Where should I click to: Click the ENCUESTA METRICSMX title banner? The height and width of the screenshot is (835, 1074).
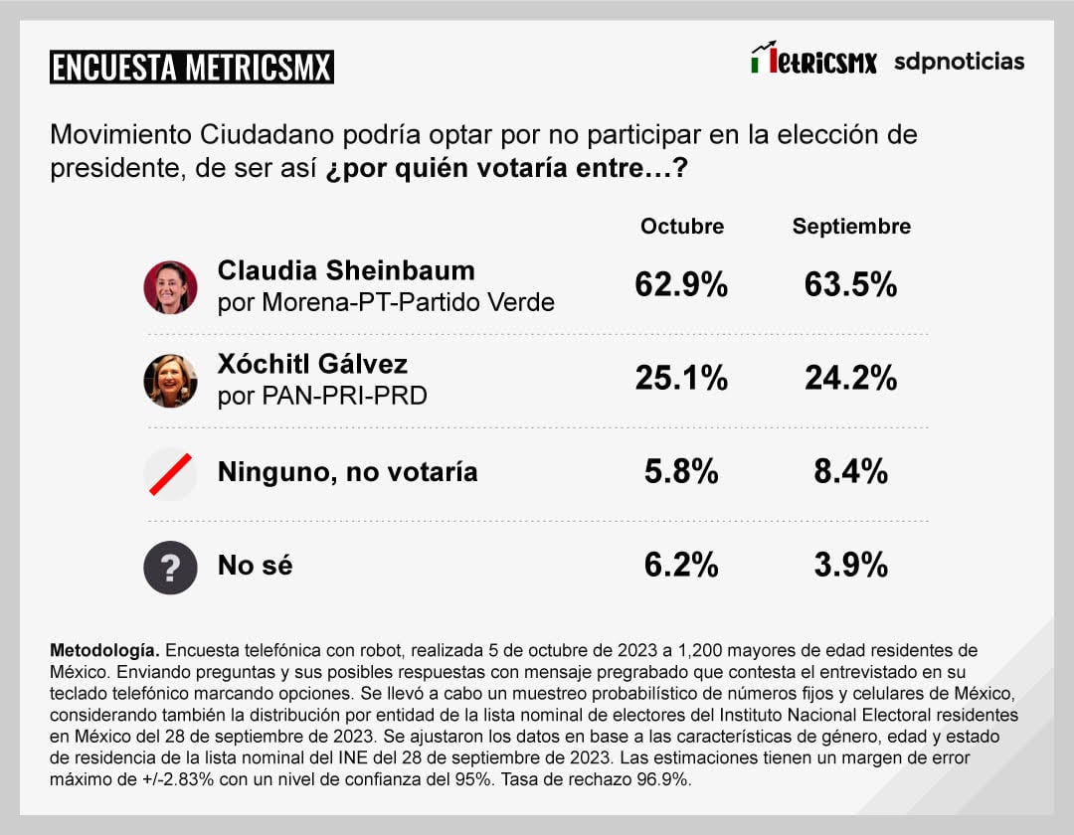pos(191,67)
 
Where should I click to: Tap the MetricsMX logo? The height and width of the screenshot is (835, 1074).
pos(813,60)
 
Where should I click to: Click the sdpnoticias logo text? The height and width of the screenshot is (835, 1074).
pos(959,61)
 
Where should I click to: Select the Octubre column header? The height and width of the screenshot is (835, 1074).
pos(681,227)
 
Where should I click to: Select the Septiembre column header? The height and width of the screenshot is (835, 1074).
pos(851,227)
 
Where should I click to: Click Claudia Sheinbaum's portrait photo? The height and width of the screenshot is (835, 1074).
pos(170,287)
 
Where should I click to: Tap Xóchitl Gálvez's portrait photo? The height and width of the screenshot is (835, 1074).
pos(170,381)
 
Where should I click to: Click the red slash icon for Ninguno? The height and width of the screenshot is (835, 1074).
pos(170,472)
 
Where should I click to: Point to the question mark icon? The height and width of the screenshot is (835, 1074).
pos(170,568)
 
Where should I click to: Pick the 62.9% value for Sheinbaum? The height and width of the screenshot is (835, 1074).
pos(681,286)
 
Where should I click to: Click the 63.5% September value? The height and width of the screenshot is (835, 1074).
pos(850,286)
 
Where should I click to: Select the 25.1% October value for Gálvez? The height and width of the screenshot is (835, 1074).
pos(681,378)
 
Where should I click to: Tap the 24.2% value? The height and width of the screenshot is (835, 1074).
pos(850,378)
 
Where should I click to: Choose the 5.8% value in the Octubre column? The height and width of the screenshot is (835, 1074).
pos(681,472)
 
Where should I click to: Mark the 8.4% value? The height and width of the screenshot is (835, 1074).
pos(850,472)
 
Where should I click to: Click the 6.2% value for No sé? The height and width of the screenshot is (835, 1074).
pos(681,566)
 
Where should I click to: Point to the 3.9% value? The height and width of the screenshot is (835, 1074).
pos(850,566)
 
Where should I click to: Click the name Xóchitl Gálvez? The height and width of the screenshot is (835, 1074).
pos(312,363)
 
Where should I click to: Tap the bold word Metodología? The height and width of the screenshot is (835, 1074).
pos(104,650)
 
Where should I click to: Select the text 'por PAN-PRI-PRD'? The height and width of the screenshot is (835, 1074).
pos(322,396)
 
